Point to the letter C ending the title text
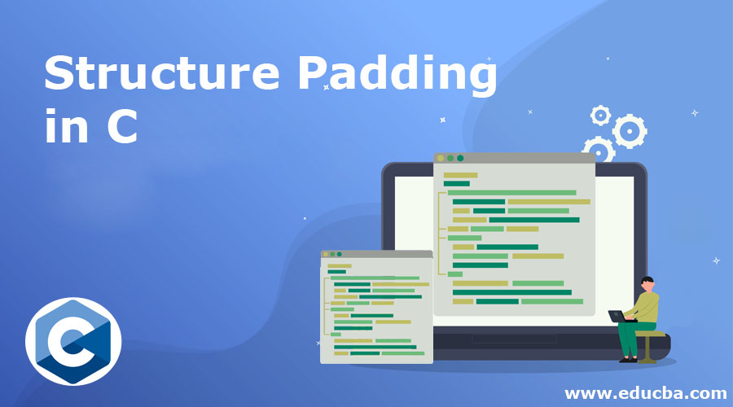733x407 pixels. [121, 129]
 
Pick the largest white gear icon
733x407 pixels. [629, 130]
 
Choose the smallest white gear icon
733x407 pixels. [600, 115]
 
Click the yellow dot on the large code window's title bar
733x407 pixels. [441, 158]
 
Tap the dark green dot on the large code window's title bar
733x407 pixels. [460, 158]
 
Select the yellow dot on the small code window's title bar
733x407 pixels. [325, 254]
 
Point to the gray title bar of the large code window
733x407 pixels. [521, 158]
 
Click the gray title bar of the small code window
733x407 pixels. [383, 254]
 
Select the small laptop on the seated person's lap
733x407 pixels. [619, 316]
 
